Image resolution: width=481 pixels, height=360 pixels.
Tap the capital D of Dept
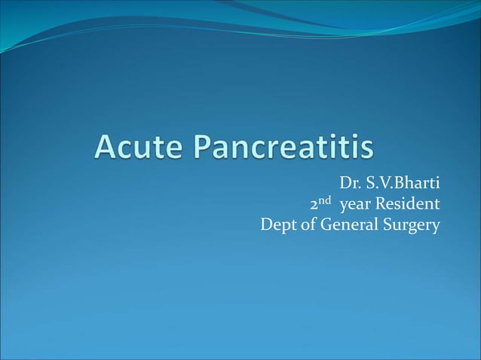265,224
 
